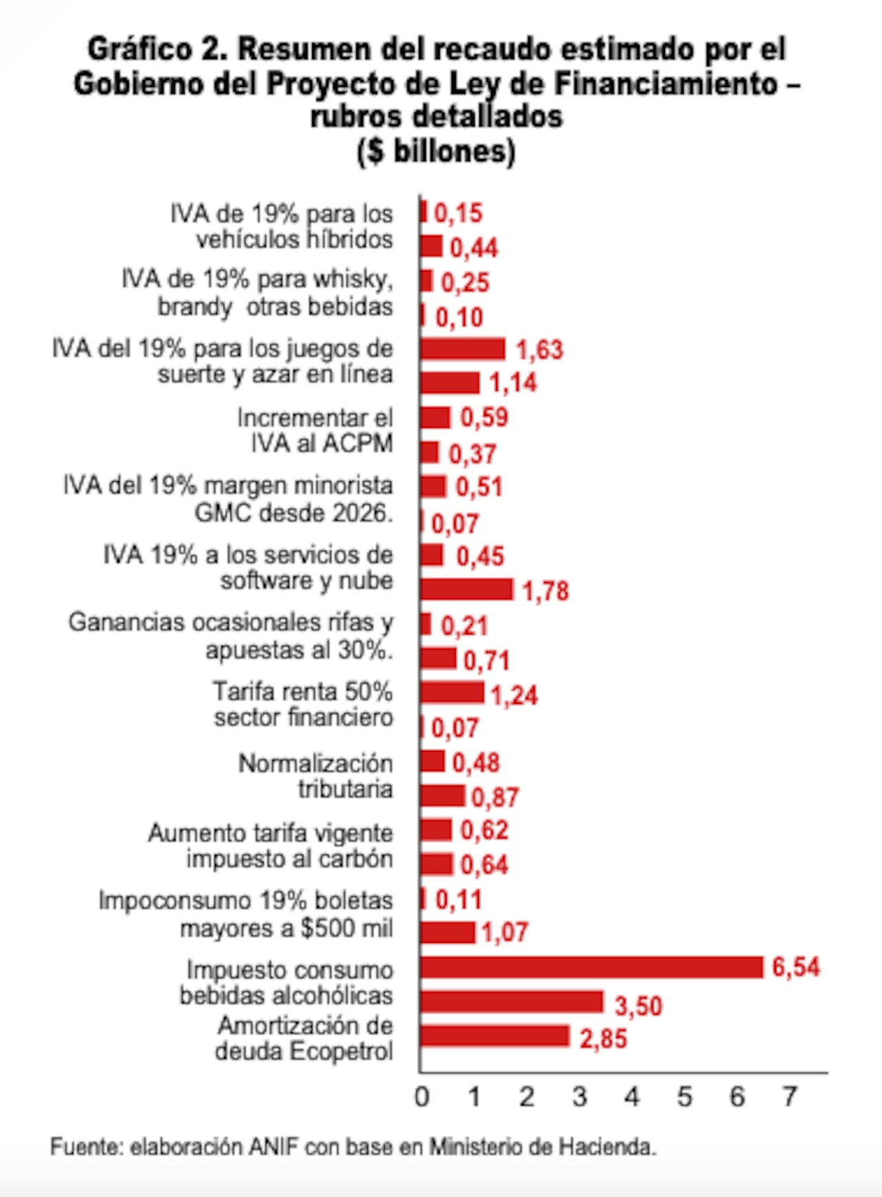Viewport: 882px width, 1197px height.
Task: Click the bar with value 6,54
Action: (591, 967)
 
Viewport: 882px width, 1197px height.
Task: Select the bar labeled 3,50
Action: (511, 1001)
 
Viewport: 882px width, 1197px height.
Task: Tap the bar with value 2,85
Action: (494, 1036)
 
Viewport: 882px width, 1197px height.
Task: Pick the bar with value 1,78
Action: (466, 590)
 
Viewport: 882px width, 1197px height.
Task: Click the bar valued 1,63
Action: (462, 349)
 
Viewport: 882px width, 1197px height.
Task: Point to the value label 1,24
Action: (514, 695)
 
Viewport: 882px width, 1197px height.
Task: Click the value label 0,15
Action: (458, 214)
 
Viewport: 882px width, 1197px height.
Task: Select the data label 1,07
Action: (504, 933)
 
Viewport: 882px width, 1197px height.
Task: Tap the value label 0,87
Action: (495, 798)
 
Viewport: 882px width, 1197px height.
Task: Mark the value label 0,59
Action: (484, 417)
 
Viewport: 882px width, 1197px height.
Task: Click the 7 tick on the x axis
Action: (790, 1096)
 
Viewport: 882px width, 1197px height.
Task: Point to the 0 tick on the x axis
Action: (422, 1096)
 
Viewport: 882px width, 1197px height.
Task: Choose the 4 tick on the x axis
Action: (632, 1096)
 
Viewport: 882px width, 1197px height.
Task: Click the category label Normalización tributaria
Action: (316, 776)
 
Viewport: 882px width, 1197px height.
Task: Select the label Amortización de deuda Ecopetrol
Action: (305, 1039)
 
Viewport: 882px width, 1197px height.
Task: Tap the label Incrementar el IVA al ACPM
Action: (316, 430)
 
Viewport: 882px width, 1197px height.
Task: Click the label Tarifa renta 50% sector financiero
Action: (303, 704)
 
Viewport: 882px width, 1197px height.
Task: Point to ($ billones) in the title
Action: (436, 151)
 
